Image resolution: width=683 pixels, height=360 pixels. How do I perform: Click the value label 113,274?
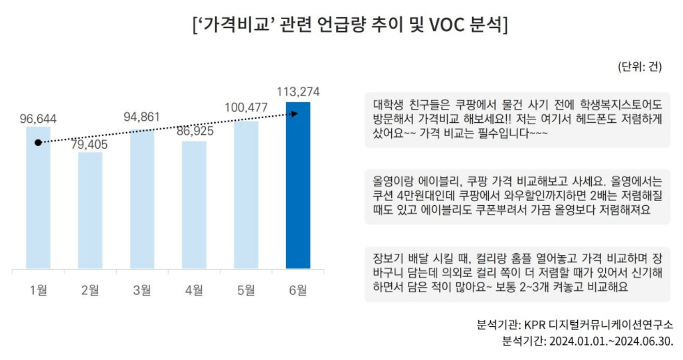pos(298,92)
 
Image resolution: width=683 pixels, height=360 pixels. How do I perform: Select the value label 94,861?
pos(142,117)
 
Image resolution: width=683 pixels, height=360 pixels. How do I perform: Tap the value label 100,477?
pos(246,108)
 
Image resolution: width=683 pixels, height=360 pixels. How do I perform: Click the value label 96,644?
pos(38,119)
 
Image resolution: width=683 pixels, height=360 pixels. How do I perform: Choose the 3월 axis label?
pos(142,291)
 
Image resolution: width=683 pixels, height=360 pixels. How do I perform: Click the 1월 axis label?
pos(38,291)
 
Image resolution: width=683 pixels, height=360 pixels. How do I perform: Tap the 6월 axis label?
pos(298,291)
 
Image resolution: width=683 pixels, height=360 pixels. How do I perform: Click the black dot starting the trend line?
pos(38,142)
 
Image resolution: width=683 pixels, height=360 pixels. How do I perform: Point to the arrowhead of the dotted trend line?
pos(295,113)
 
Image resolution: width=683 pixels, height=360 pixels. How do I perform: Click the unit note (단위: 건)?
pos(639,67)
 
